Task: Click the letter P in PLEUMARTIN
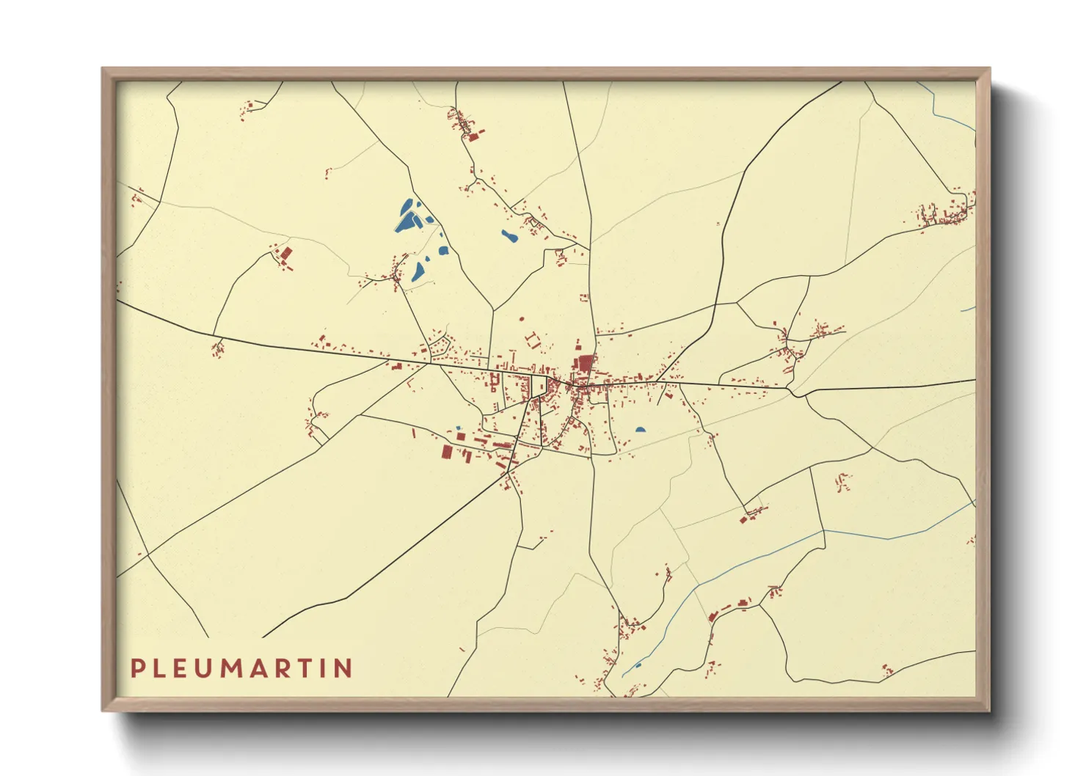137,668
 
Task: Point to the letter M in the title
243,668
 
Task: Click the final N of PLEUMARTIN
343,668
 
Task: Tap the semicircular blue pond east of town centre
641,430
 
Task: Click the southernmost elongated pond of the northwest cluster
418,272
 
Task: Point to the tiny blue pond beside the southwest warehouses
459,428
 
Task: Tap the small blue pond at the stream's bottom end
638,665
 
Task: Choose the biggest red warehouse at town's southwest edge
446,451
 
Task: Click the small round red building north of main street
521,319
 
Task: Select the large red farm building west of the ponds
285,254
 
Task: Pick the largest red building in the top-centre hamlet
473,136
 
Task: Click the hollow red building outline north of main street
532,340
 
